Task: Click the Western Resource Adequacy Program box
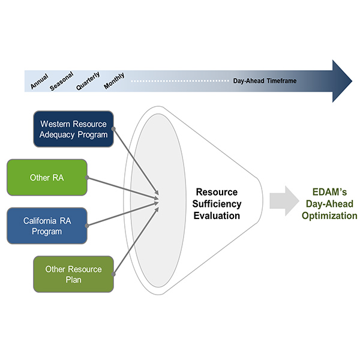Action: pyautogui.click(x=73, y=128)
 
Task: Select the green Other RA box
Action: pyautogui.click(x=47, y=178)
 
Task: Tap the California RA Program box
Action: pyautogui.click(x=47, y=226)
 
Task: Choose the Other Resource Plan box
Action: pyautogui.click(x=73, y=274)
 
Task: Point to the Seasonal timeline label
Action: pyautogui.click(x=62, y=82)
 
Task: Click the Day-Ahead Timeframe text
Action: pyautogui.click(x=265, y=80)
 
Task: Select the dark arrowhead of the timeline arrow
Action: pyautogui.click(x=342, y=80)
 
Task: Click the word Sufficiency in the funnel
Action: pyautogui.click(x=217, y=203)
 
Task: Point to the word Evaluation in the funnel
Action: pyautogui.click(x=217, y=215)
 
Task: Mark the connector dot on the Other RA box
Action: pyautogui.click(x=88, y=178)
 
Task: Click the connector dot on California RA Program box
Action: pyautogui.click(x=88, y=226)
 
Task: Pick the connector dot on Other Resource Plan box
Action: pyautogui.click(x=114, y=274)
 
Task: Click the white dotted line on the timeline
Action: pyautogui.click(x=180, y=80)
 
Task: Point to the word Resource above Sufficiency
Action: pyautogui.click(x=217, y=192)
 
